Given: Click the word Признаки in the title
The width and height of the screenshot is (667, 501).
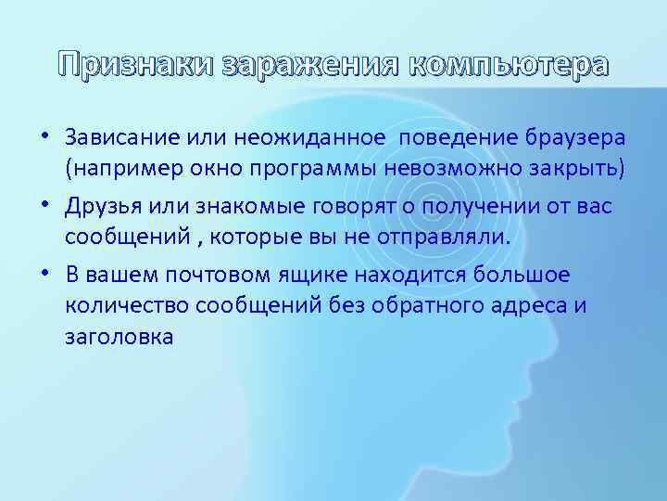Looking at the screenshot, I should [136, 65].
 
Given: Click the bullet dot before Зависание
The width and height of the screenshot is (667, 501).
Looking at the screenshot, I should [45, 138].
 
